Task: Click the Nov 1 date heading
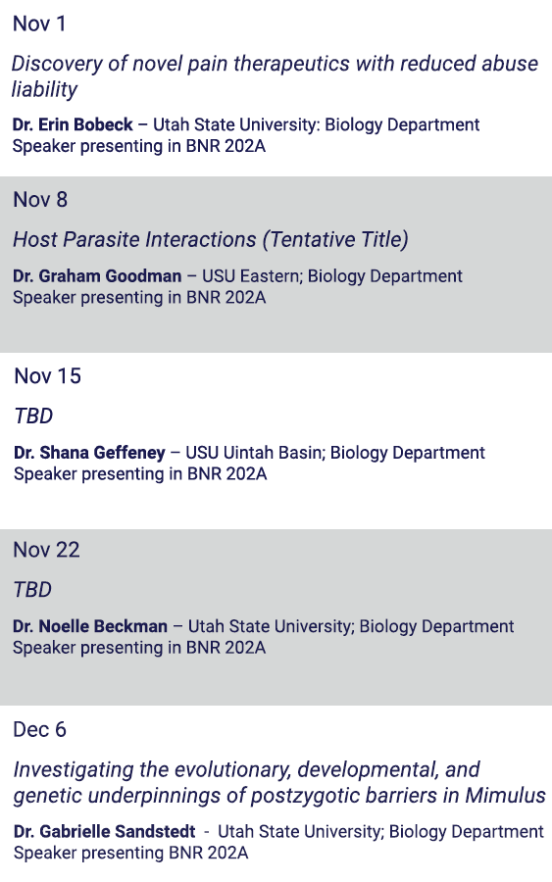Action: click(x=39, y=24)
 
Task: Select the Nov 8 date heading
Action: click(x=40, y=200)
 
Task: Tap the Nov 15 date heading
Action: click(x=47, y=375)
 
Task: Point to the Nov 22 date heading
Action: click(x=47, y=550)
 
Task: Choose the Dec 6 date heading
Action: click(x=39, y=729)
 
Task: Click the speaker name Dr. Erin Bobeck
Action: click(x=73, y=124)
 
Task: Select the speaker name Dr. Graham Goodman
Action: click(x=97, y=275)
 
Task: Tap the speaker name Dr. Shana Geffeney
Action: click(x=89, y=452)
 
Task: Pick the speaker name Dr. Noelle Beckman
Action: click(x=90, y=626)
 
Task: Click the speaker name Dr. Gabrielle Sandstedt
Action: click(x=105, y=831)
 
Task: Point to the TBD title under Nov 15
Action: click(x=33, y=416)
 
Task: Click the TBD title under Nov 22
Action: click(x=32, y=590)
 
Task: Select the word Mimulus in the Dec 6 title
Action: click(x=505, y=796)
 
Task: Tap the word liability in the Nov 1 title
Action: click(x=44, y=89)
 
